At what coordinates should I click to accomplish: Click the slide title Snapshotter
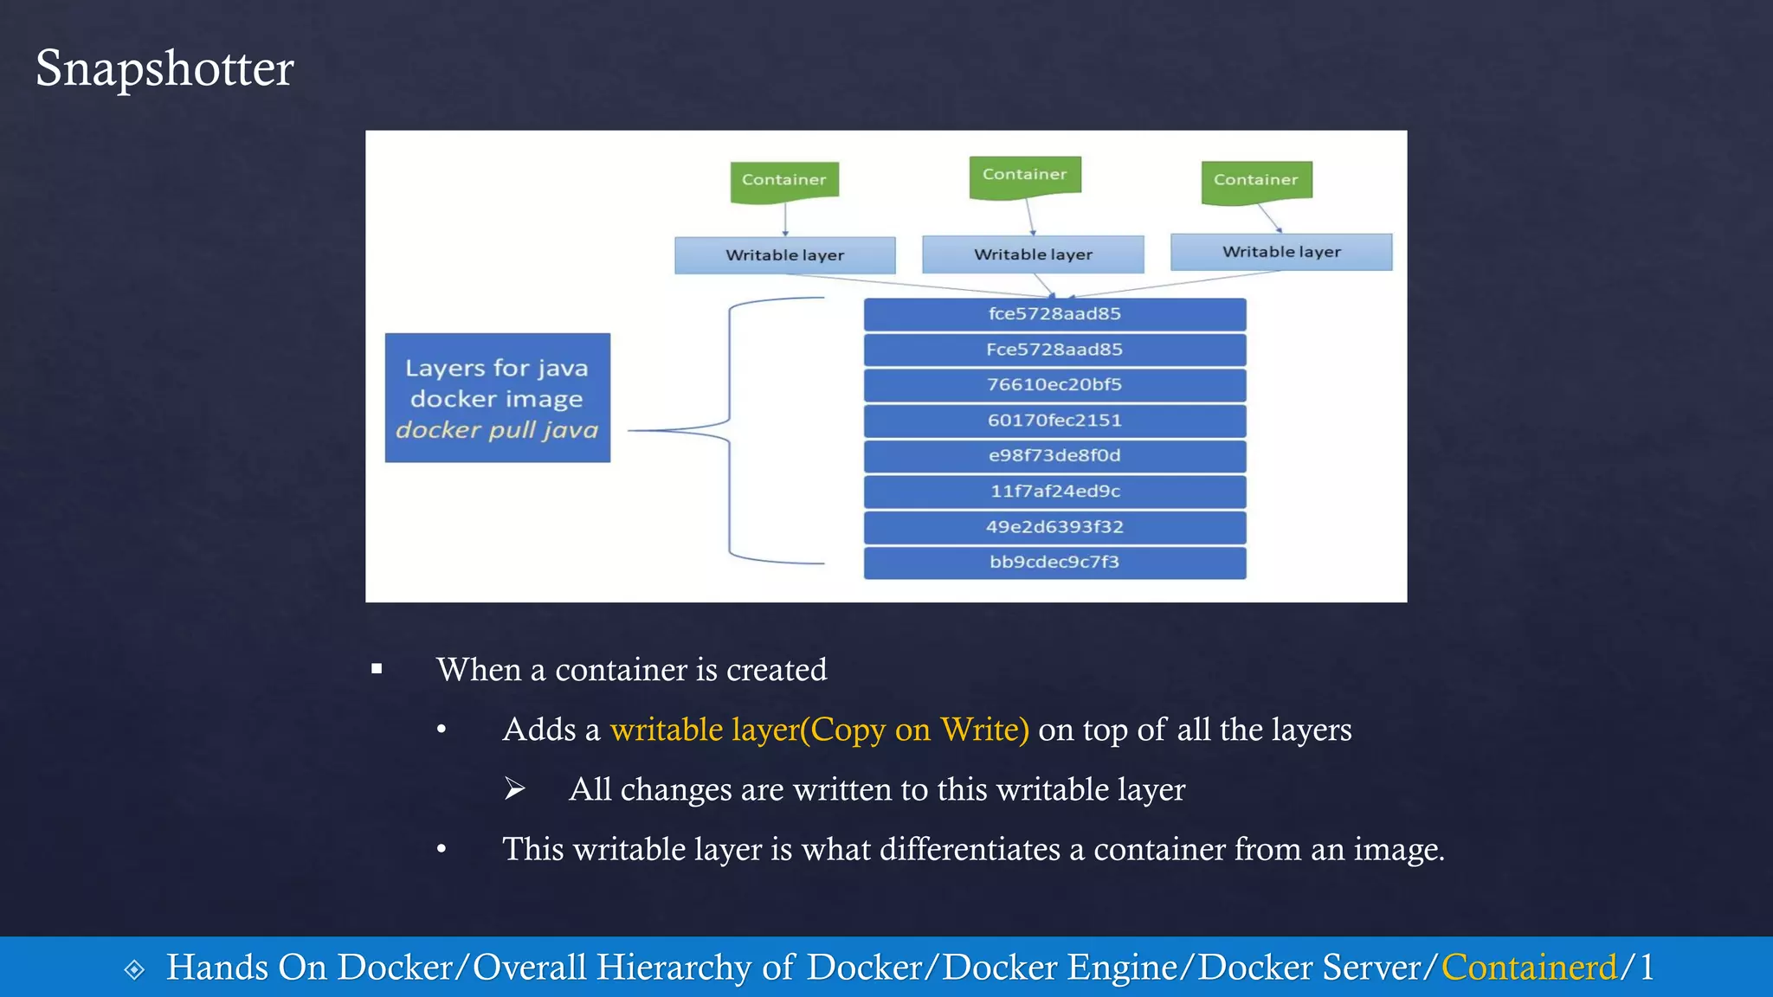pos(164,68)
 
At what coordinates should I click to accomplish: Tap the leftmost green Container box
pos(784,180)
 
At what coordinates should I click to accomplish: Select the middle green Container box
pos(1025,175)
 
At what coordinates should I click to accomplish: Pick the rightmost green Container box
pos(1256,180)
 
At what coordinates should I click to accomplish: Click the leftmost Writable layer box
pos(784,255)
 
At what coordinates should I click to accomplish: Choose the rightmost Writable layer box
pos(1281,252)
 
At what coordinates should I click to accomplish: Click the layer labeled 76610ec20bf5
pos(1054,384)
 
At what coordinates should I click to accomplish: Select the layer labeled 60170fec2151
pos(1054,421)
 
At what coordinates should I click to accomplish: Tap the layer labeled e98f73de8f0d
pos(1054,456)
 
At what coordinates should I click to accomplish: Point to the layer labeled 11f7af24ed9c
pos(1054,492)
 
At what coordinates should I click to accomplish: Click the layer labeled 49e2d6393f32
pos(1054,527)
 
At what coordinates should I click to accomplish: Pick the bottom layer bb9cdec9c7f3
pos(1054,563)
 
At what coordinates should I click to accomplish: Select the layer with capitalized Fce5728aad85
pos(1054,350)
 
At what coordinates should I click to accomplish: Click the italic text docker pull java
pos(497,430)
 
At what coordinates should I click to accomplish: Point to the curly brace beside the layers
pos(729,430)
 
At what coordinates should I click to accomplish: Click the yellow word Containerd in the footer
pos(1529,967)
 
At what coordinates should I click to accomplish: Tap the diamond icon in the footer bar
pos(134,969)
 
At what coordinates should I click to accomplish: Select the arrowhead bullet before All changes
pos(515,788)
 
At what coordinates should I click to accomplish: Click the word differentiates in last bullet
pos(970,849)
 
